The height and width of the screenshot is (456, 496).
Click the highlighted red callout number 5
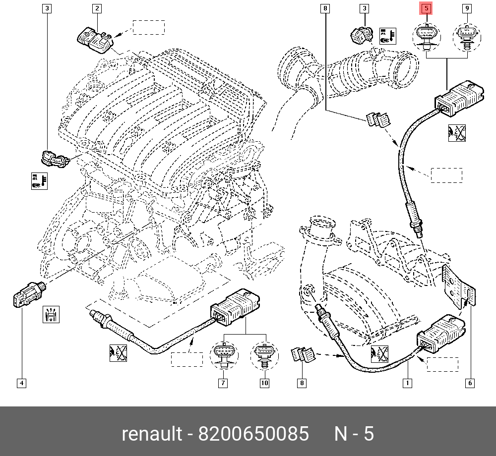[426, 8]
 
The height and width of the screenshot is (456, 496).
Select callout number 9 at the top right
[467, 8]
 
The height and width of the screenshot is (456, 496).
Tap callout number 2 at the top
[97, 8]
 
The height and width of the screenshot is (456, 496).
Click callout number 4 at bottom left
[21, 383]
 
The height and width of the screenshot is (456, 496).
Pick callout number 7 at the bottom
[223, 383]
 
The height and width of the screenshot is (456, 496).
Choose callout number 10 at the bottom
[264, 383]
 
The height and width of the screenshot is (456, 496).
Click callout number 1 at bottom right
[407, 383]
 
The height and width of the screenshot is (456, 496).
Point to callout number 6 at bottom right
[470, 383]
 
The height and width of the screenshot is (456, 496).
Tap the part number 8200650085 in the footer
[253, 434]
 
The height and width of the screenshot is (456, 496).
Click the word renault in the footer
[152, 434]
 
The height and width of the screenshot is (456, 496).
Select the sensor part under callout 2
[95, 41]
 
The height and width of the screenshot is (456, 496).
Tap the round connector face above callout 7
[224, 354]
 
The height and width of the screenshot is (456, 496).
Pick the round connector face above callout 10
[264, 354]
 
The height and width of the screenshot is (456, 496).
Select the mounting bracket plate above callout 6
[458, 286]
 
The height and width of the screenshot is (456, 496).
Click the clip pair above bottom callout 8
[303, 354]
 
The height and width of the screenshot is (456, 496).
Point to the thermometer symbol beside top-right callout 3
[387, 36]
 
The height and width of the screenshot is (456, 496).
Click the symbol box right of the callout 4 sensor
[51, 314]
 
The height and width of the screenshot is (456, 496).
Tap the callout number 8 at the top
[325, 8]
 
